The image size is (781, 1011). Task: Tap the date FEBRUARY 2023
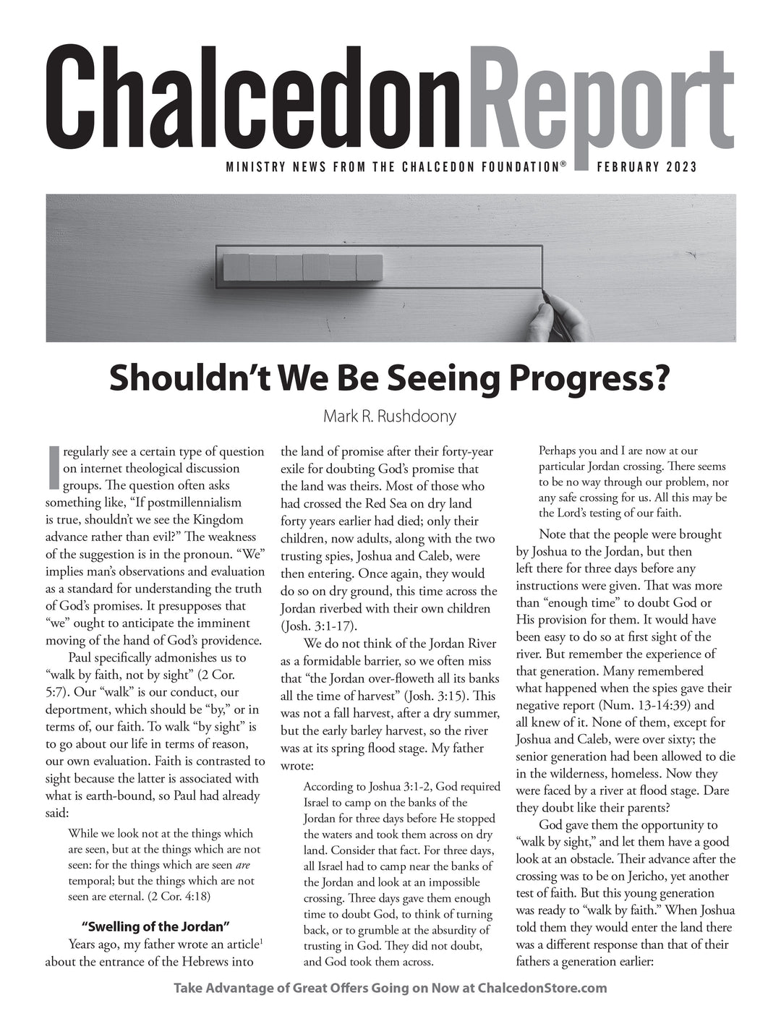pos(646,168)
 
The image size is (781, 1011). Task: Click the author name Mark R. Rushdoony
pos(390,417)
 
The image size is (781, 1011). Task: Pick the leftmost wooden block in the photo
pos(236,267)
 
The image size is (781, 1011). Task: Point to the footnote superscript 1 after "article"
pos(260,941)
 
